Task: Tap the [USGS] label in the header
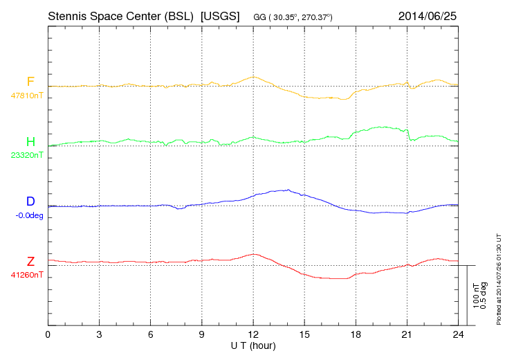pos(219,15)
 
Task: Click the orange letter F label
pos(30,82)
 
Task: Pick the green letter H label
pos(30,142)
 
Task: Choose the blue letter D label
pos(30,201)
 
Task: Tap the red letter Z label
pos(30,261)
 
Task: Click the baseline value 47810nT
pos(27,96)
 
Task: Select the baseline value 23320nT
pos(27,156)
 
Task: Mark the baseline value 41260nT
pos(27,275)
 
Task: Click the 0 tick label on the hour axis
pos(48,334)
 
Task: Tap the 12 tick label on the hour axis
pos(253,334)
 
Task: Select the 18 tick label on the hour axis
pos(356,334)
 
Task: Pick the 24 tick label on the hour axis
pos(459,334)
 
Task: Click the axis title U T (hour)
pos(253,345)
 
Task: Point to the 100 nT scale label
pos(476,295)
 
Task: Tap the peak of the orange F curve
pos(254,76)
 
